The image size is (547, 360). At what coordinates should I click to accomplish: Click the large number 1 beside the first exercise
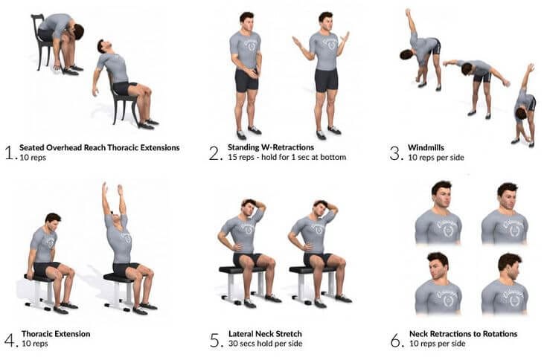tap(8, 153)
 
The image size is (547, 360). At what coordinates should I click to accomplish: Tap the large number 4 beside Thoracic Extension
tap(9, 340)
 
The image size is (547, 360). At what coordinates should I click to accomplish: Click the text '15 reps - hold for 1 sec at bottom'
tap(287, 158)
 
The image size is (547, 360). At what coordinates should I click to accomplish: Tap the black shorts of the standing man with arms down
tap(247, 80)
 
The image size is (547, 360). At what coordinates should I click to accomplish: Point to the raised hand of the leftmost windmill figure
tap(407, 12)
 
